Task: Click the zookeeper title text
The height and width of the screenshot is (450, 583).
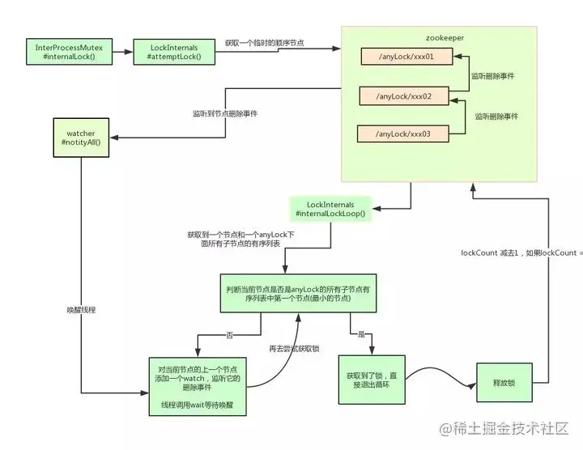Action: click(444, 37)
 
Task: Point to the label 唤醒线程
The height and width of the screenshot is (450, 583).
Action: click(82, 310)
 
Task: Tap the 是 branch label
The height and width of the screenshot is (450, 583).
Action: click(360, 333)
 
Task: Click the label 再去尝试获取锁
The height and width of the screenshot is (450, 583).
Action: click(293, 348)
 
